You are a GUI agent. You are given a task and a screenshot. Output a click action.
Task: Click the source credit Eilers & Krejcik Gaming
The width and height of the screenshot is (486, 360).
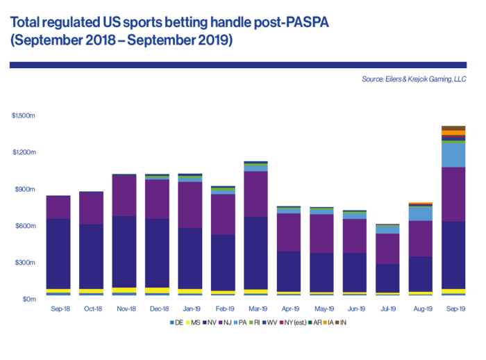click(x=413, y=79)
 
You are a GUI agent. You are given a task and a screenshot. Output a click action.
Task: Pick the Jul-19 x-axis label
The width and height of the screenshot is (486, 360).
click(x=386, y=307)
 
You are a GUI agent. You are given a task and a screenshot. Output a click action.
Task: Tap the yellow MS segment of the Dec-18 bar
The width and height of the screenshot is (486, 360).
click(x=156, y=291)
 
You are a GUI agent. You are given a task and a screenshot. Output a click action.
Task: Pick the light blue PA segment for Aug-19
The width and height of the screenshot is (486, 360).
click(x=419, y=214)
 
